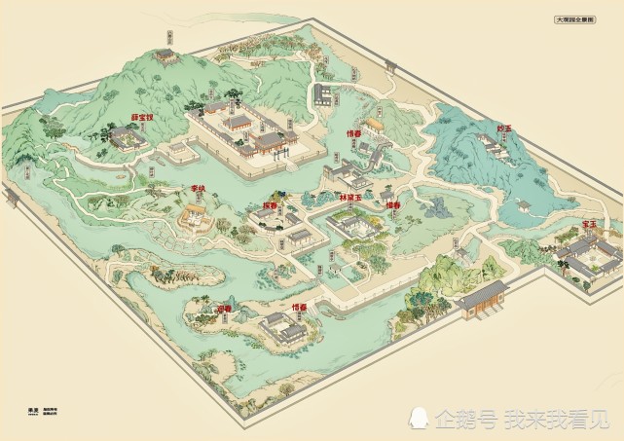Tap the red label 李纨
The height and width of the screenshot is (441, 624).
[x=199, y=189]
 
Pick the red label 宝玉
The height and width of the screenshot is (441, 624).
[x=588, y=225]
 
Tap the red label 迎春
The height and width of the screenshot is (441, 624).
[x=225, y=306]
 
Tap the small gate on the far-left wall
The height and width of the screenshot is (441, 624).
[x=13, y=201]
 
